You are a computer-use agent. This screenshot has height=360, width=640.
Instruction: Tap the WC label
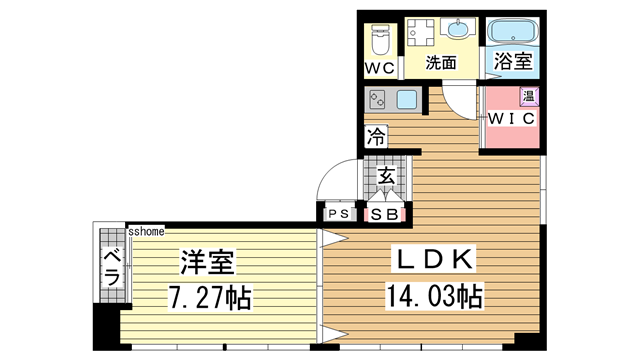378,69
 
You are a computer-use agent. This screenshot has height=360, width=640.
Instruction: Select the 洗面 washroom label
441,62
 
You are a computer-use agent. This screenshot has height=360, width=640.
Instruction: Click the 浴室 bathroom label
515,62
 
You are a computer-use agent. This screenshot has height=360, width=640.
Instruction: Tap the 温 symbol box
528,97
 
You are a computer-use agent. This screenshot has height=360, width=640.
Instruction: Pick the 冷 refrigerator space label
376,137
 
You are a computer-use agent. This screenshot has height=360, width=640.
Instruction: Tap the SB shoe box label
385,214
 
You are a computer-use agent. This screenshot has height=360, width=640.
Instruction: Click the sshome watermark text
146,230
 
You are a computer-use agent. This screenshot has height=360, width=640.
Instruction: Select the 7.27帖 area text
211,297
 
